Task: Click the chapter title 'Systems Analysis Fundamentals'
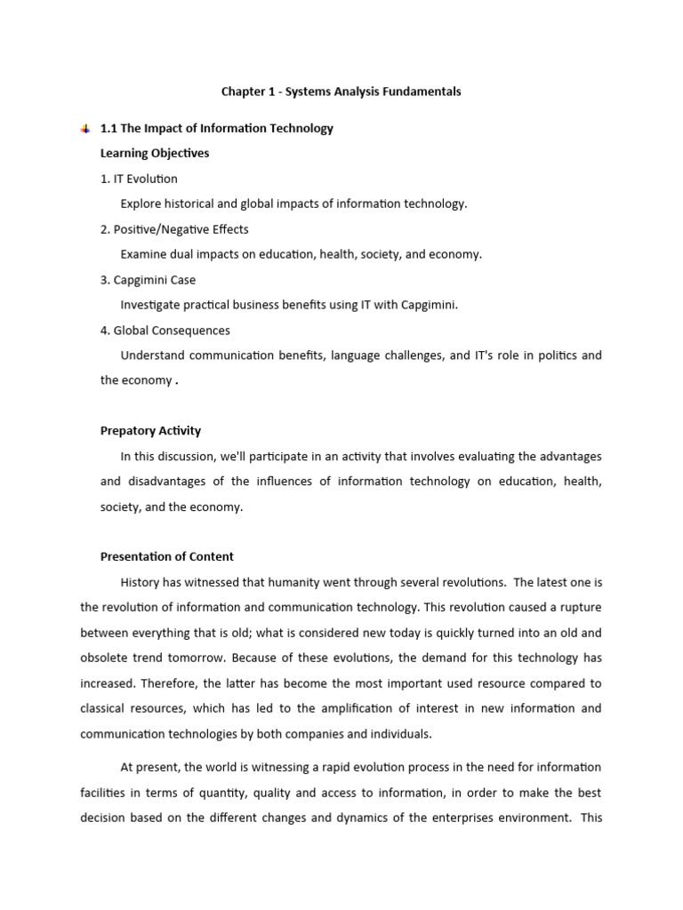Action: tap(341, 92)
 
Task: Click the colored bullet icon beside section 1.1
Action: tap(84, 129)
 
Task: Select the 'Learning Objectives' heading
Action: tap(155, 153)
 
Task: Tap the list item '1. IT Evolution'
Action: tap(139, 179)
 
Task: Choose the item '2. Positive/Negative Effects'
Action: tap(174, 229)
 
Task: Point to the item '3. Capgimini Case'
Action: tap(148, 280)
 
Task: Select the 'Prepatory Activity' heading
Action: tap(150, 431)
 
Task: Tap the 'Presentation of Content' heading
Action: tap(167, 557)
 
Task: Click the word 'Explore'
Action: tap(142, 204)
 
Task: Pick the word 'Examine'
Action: tap(144, 254)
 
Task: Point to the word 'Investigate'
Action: tap(152, 305)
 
